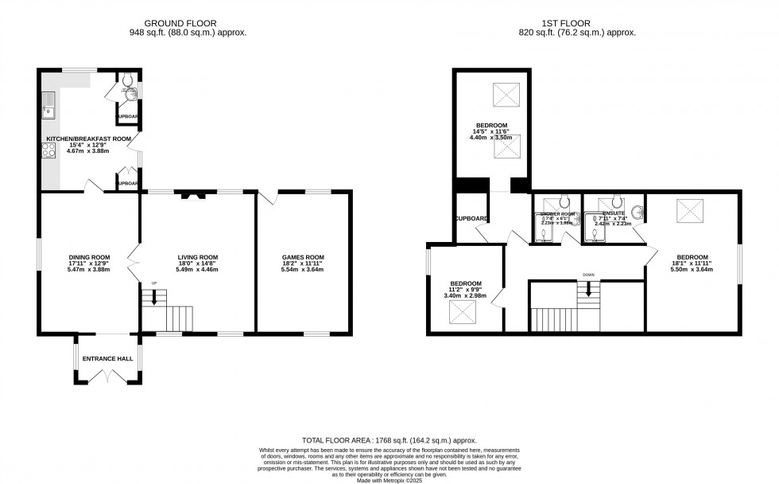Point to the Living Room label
(x=197, y=257)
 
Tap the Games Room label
(x=303, y=257)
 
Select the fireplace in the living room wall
(x=192, y=195)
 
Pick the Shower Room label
(x=558, y=214)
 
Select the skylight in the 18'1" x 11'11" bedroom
(x=689, y=212)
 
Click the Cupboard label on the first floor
(x=471, y=219)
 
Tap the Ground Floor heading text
(x=188, y=23)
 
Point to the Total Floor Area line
(x=389, y=440)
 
